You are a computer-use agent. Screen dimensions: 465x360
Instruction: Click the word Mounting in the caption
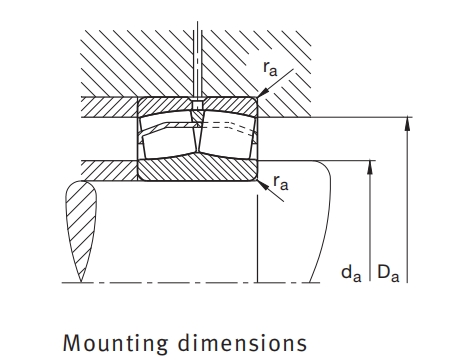pyautogui.click(x=115, y=344)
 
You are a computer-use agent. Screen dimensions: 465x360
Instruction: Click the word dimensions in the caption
pyautogui.click(x=242, y=342)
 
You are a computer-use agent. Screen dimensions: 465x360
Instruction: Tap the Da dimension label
pyautogui.click(x=388, y=273)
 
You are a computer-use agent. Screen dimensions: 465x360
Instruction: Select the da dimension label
pyautogui.click(x=351, y=274)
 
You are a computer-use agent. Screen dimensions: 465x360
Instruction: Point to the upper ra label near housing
pyautogui.click(x=270, y=68)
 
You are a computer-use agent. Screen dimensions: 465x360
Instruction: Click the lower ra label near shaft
pyautogui.click(x=281, y=183)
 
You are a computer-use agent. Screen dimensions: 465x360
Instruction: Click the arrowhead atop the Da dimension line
pyautogui.click(x=407, y=124)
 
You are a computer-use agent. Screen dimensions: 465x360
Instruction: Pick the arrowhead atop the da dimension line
pyautogui.click(x=370, y=167)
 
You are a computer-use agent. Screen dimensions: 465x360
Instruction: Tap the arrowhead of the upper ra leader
pyautogui.click(x=263, y=92)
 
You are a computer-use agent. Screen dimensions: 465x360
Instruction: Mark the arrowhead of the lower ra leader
pyautogui.click(x=263, y=185)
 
